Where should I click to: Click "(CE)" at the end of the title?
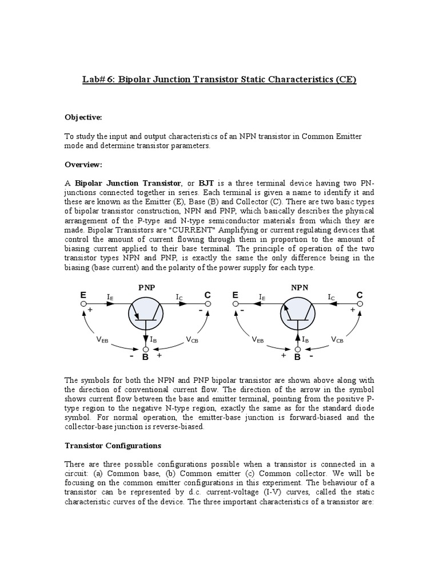pyautogui.click(x=343, y=80)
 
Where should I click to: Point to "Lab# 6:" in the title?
pyautogui.click(x=101, y=80)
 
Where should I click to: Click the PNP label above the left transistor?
pyautogui.click(x=147, y=288)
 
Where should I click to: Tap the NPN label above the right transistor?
pyautogui.click(x=298, y=288)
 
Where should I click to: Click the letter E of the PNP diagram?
pyautogui.click(x=83, y=295)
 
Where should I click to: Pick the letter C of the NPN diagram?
pyautogui.click(x=360, y=295)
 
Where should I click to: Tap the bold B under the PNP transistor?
pyautogui.click(x=145, y=357)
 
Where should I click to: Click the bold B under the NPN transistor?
pyautogui.click(x=297, y=357)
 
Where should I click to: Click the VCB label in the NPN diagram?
pyautogui.click(x=338, y=339)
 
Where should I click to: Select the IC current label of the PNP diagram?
pyautogui.click(x=179, y=297)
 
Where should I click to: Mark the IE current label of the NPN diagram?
pyautogui.click(x=262, y=297)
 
